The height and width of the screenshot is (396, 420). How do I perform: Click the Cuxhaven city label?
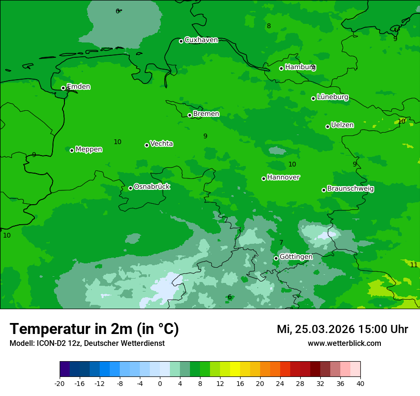(201, 40)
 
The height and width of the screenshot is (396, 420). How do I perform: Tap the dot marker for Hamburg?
(282, 68)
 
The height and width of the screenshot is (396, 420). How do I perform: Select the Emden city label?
(78, 87)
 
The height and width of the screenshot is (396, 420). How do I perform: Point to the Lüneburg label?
(333, 97)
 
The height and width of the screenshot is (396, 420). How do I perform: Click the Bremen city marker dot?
(189, 115)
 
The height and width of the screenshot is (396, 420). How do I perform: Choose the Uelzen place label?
(342, 125)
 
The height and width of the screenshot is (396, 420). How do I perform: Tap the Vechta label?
(161, 144)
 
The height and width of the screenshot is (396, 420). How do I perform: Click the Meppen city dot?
(72, 150)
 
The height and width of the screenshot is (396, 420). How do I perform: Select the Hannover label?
(283, 177)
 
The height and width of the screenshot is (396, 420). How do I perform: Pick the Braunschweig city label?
(350, 188)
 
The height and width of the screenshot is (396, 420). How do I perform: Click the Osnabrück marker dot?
(130, 188)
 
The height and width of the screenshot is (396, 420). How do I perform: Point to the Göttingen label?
(296, 257)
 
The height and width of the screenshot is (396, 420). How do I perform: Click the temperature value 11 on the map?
(414, 265)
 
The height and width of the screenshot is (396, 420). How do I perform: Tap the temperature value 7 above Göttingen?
(281, 242)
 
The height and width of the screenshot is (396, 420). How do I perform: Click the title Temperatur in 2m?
(94, 329)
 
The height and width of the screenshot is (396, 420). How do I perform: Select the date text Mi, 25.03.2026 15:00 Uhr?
(342, 329)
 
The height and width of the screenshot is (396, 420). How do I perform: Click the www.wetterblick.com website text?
(344, 343)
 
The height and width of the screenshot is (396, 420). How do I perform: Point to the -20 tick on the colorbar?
(60, 384)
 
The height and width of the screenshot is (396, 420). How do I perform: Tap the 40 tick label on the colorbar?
(360, 384)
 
